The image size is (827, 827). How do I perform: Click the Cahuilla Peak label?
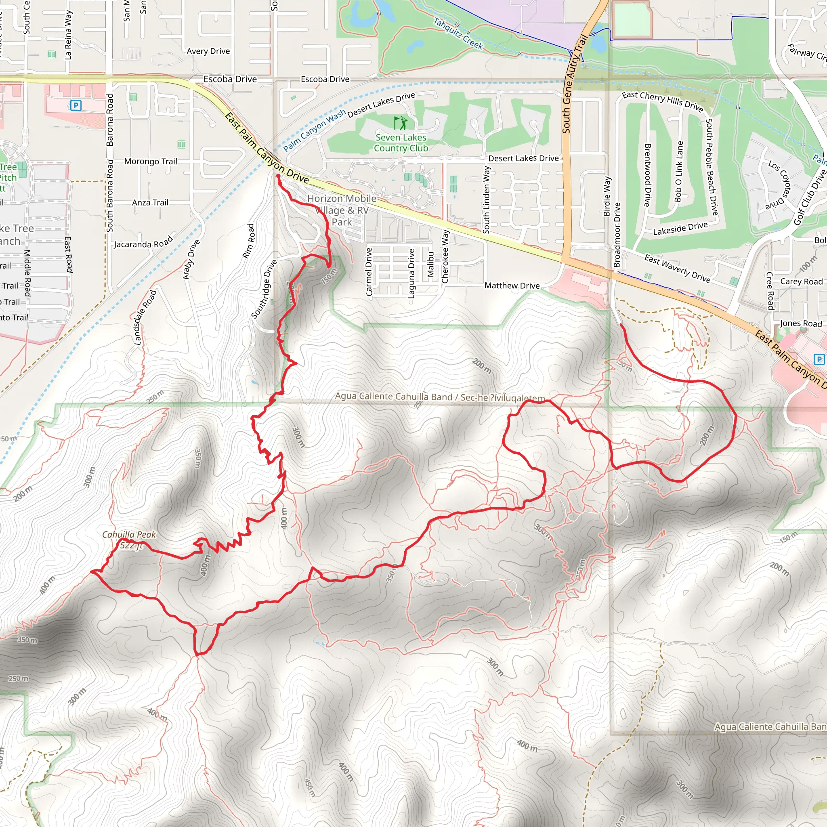[x=129, y=535]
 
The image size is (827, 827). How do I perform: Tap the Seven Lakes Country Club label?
[x=401, y=143]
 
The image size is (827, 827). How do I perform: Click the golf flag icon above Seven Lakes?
[x=401, y=123]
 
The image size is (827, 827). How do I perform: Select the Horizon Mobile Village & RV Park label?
[x=342, y=210]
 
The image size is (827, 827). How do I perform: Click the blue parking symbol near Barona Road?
[x=76, y=105]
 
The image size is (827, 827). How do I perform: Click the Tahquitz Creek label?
[x=458, y=34]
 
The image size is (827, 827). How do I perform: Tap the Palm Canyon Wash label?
[x=314, y=130]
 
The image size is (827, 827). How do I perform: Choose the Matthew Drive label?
[x=512, y=285]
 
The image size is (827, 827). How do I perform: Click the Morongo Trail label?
[x=151, y=162]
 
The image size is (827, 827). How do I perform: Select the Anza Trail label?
[x=150, y=202]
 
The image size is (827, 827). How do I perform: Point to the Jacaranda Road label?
[x=143, y=243]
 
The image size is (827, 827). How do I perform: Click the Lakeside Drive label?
[x=680, y=229]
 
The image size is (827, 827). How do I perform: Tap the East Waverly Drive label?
[x=677, y=269]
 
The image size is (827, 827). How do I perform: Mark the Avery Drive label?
[x=208, y=51]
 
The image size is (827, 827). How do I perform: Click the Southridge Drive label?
[x=264, y=290]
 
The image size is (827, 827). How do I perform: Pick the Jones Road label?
[x=800, y=323]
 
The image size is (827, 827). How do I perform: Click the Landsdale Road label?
[x=145, y=318]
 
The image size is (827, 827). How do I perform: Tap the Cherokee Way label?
[x=445, y=256]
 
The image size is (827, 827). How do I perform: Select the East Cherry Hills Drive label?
[x=662, y=101]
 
